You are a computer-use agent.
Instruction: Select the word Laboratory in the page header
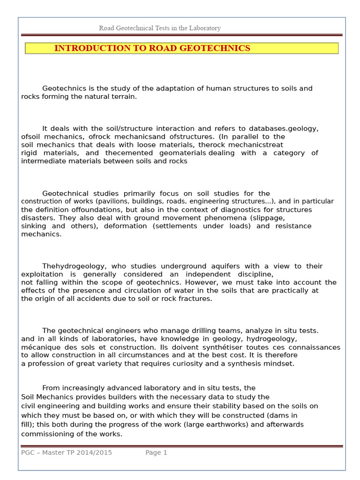(205, 28)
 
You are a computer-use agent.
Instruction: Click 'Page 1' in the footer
(156, 452)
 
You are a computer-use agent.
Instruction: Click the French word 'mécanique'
(39, 347)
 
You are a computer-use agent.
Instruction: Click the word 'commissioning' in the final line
(45, 434)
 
